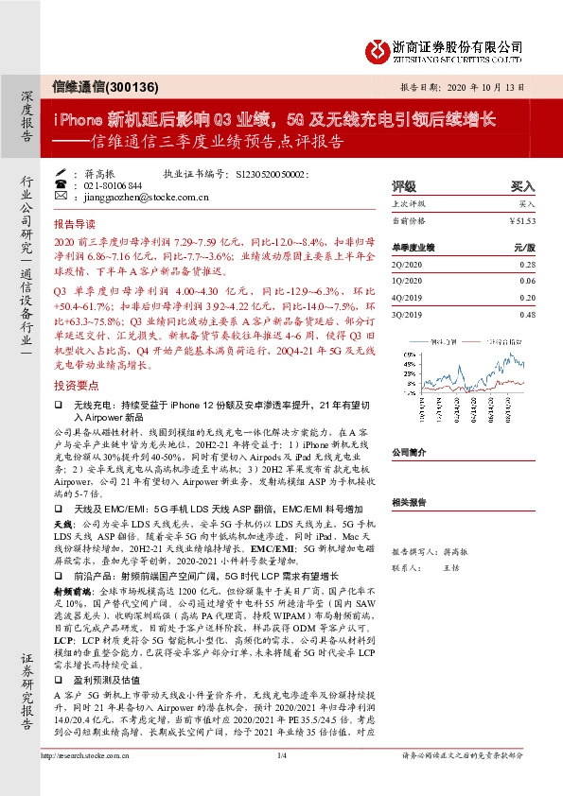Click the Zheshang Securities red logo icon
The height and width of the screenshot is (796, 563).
378,47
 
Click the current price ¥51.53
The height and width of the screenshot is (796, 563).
522,219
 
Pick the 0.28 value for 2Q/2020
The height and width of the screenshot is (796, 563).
527,265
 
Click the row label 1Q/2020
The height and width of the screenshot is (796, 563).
407,281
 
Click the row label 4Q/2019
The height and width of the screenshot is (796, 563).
407,298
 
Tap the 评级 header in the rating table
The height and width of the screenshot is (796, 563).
404,186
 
